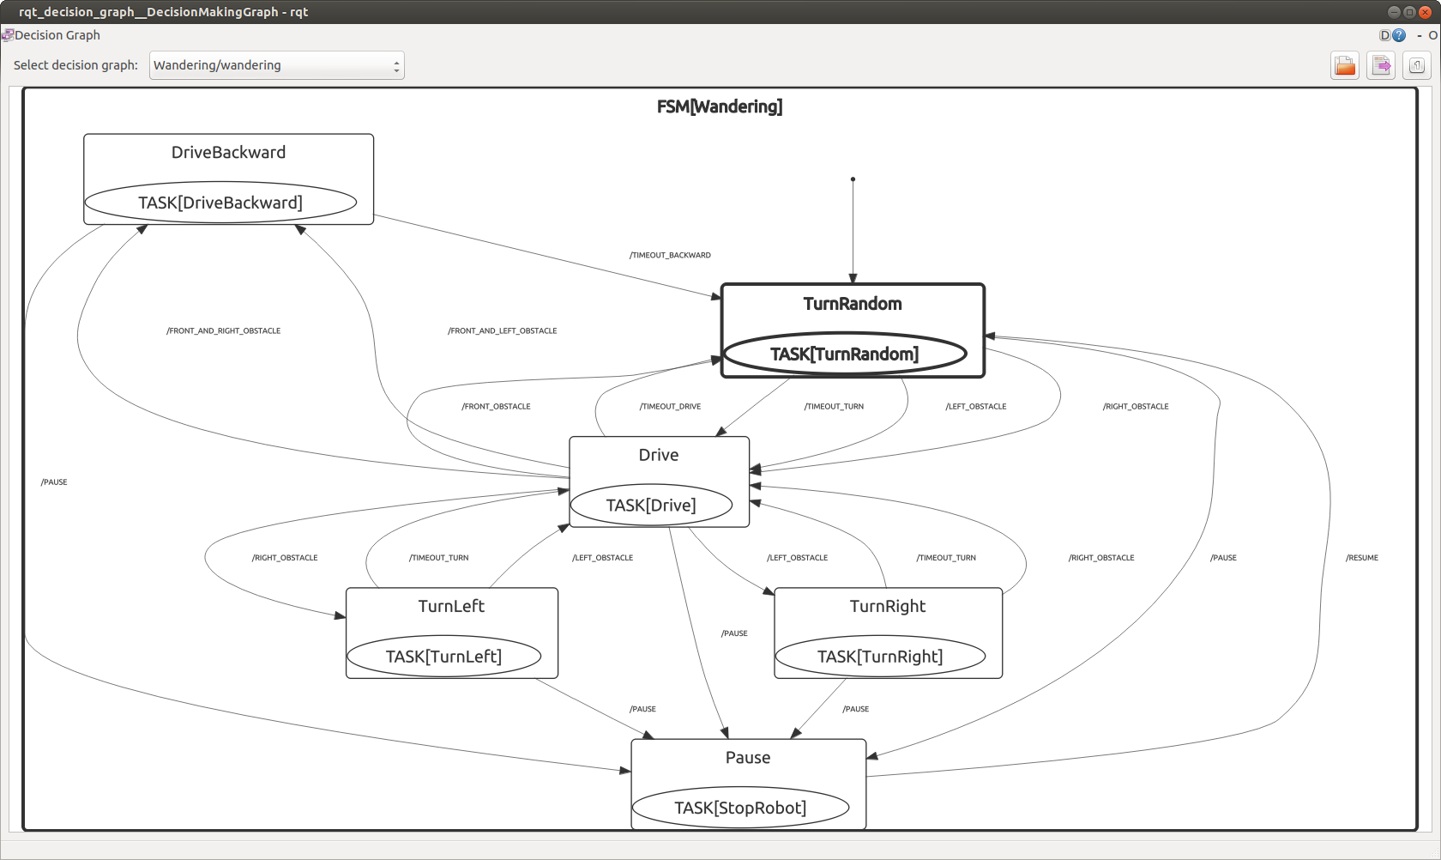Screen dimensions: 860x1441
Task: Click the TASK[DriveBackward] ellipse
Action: click(x=220, y=203)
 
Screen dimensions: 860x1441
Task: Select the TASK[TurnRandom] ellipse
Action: click(x=845, y=354)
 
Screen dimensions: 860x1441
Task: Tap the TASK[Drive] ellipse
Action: click(x=651, y=505)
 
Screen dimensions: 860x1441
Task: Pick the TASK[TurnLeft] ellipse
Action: click(x=443, y=657)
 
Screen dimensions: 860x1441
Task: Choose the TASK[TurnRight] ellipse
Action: click(x=880, y=657)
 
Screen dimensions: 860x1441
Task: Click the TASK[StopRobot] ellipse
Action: click(x=740, y=808)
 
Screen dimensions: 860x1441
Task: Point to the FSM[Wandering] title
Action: click(x=719, y=106)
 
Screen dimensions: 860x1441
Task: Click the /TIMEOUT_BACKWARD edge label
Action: click(x=670, y=255)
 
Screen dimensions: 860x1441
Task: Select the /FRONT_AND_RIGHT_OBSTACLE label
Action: click(x=223, y=330)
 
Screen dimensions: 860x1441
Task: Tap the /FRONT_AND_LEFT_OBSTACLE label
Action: click(x=502, y=330)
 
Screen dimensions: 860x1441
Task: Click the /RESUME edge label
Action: click(x=1361, y=558)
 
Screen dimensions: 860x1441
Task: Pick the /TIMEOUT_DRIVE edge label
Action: click(x=670, y=407)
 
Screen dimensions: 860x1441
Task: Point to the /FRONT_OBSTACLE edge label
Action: click(x=496, y=407)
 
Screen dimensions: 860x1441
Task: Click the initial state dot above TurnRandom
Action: click(x=853, y=179)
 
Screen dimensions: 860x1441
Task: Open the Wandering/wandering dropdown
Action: click(x=276, y=65)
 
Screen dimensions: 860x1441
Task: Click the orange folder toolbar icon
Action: click(x=1344, y=65)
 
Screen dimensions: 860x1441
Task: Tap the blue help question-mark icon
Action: click(x=1399, y=35)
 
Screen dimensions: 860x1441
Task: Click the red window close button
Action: click(x=1425, y=12)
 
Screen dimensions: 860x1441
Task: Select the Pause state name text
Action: click(x=748, y=758)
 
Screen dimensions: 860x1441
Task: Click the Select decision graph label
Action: click(x=75, y=65)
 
